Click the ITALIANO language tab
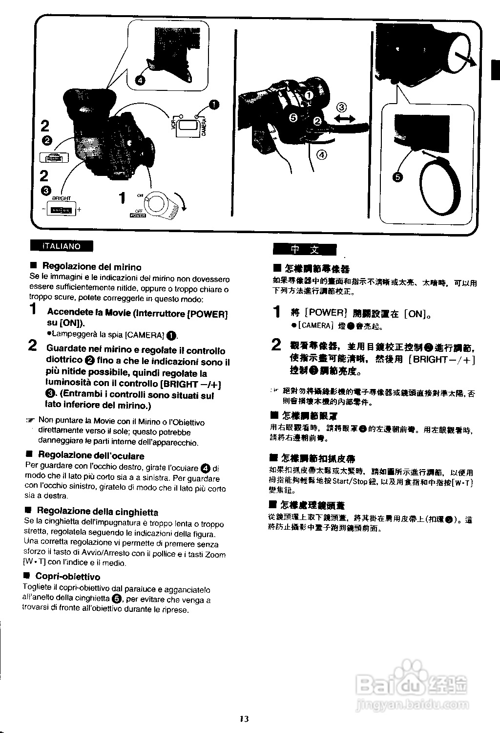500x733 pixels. tap(62, 246)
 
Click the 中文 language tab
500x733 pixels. tap(305, 250)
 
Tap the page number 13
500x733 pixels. tap(244, 718)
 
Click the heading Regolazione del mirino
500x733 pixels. tap(92, 267)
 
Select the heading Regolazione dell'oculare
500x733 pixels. tap(91, 456)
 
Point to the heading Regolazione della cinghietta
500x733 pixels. tap(97, 512)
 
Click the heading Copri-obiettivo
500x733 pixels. tap(67, 577)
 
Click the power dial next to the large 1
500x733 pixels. tap(158, 203)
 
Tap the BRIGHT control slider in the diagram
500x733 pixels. tap(62, 210)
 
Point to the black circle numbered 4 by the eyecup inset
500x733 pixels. tap(140, 80)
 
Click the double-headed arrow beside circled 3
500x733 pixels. tap(345, 119)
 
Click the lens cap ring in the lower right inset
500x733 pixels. tap(440, 188)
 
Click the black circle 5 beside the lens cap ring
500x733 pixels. tap(398, 177)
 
